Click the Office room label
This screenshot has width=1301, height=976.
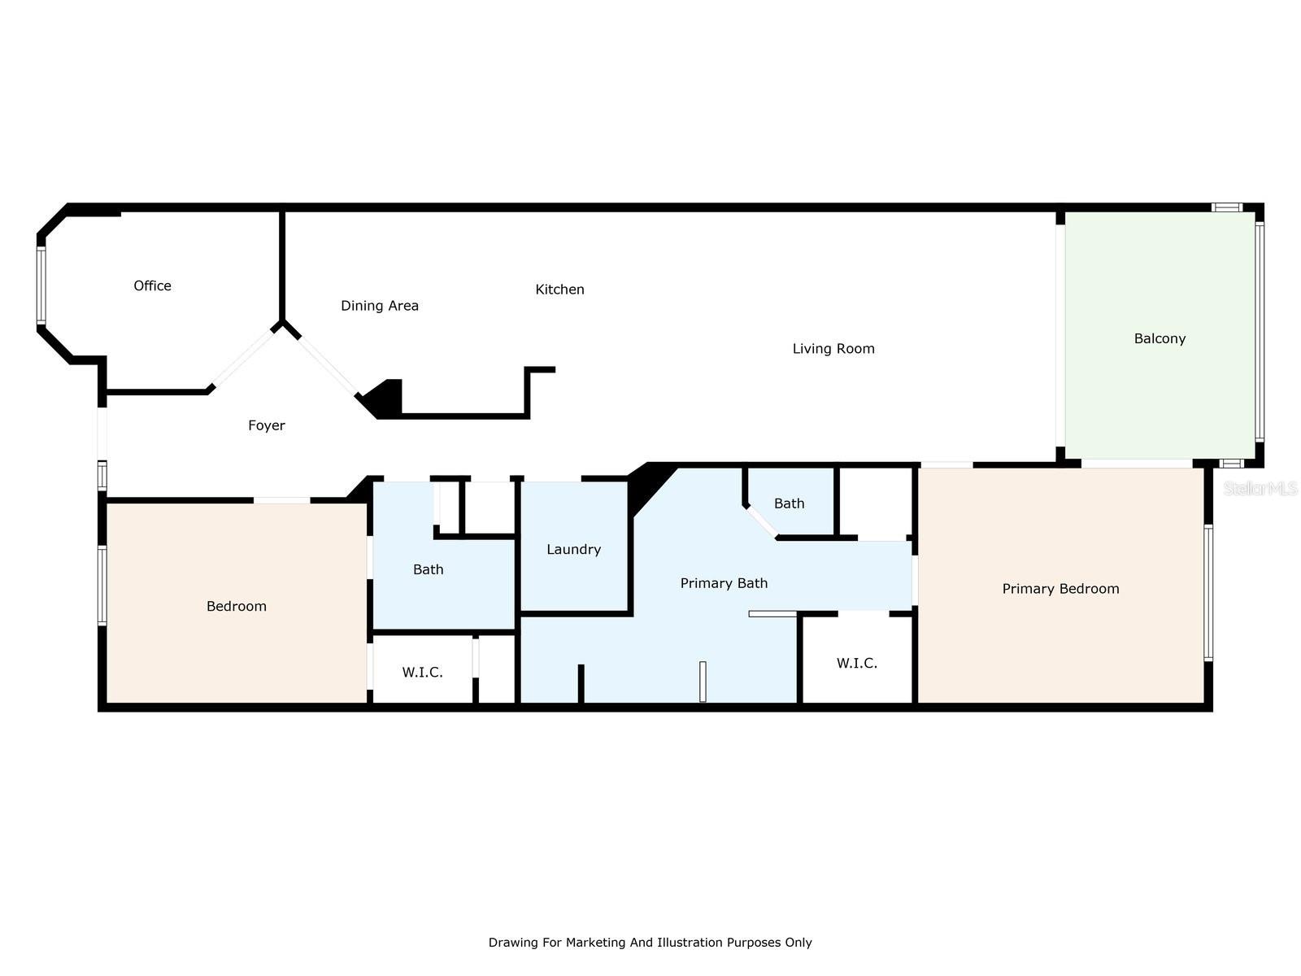point(152,285)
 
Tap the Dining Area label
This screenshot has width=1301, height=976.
point(379,306)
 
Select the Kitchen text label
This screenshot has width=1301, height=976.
point(559,290)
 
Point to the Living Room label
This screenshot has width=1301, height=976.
point(833,349)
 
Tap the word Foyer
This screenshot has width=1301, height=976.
point(267,425)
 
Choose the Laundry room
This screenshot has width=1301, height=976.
point(573,550)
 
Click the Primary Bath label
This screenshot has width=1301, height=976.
point(724,583)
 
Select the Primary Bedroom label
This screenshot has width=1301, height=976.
point(1060,589)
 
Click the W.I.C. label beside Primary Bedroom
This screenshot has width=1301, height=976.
point(857,664)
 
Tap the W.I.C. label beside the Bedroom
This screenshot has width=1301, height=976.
point(422,673)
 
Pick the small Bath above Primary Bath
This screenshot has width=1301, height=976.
point(789,503)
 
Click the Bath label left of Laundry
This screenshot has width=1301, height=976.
point(428,569)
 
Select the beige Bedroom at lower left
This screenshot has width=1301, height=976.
point(236,606)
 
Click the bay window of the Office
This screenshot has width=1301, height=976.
point(41,285)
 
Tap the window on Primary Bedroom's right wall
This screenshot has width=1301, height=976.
point(1208,592)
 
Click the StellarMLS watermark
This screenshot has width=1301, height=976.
point(1260,488)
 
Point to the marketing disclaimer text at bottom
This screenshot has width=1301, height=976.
point(650,943)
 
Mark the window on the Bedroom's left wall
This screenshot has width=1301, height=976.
point(102,586)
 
